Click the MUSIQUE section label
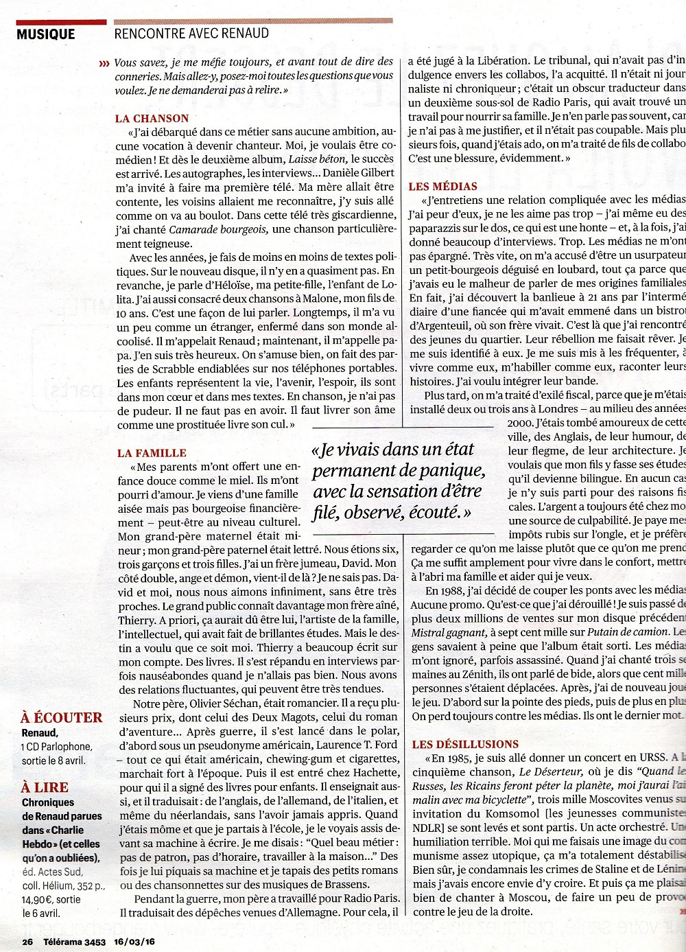[46, 34]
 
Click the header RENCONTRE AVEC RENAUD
[191, 33]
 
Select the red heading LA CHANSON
[152, 118]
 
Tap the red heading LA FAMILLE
[152, 453]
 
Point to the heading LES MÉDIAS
[442, 186]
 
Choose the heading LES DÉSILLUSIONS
[466, 744]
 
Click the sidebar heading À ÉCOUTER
[62, 718]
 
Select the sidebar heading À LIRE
[45, 787]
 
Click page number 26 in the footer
[27, 942]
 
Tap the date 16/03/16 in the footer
[135, 942]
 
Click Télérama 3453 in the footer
[74, 942]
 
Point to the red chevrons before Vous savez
[104, 63]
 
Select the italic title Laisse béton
[318, 159]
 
